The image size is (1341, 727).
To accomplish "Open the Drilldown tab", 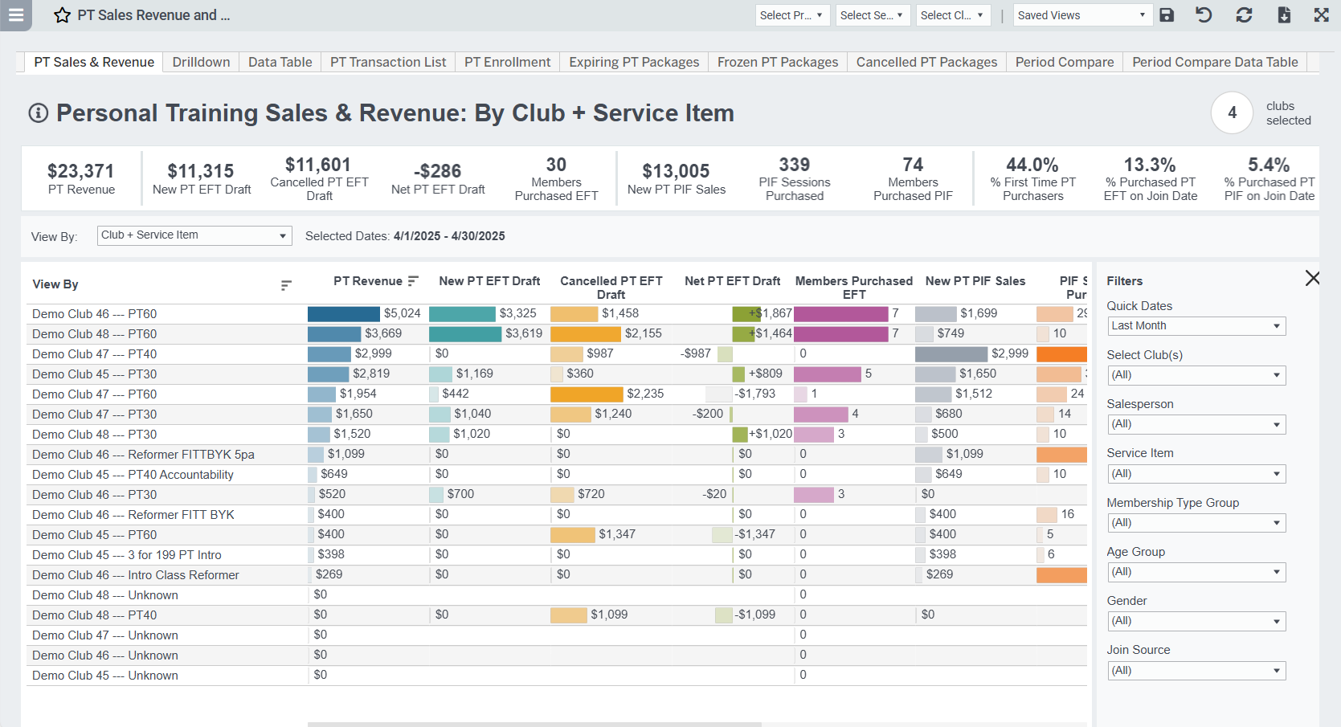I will tap(201, 62).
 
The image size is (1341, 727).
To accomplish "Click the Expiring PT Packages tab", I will tap(634, 62).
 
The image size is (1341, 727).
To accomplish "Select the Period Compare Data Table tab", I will tap(1214, 62).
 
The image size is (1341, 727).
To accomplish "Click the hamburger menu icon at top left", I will tap(15, 14).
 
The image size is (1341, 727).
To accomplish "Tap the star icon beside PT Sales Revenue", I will tap(62, 15).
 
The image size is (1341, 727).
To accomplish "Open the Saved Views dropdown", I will tap(1081, 15).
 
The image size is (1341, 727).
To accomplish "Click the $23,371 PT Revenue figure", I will tap(80, 171).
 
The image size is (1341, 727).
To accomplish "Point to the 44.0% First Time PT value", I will tap(1032, 165).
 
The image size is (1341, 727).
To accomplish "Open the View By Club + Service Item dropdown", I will tap(194, 235).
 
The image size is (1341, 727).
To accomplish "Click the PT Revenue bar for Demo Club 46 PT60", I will tap(343, 313).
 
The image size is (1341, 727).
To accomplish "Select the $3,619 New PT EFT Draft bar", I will tap(465, 333).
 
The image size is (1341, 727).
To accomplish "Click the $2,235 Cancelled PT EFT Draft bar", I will tap(587, 394).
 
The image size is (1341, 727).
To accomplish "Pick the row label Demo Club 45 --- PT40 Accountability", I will tap(133, 475).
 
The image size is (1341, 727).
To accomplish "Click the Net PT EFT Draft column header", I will tap(732, 281).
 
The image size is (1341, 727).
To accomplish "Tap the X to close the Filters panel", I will tap(1312, 278).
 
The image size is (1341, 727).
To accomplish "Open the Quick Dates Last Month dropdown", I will tap(1196, 326).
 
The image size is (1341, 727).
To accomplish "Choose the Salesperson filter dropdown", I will tap(1196, 424).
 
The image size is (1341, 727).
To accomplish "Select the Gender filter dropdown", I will tap(1196, 621).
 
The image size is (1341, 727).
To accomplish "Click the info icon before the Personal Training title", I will tap(38, 113).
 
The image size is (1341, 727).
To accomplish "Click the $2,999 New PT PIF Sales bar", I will tap(951, 353).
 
